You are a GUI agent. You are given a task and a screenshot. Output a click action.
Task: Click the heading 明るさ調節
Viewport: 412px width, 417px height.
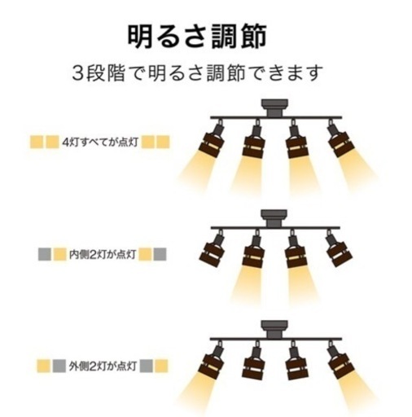(x=197, y=37)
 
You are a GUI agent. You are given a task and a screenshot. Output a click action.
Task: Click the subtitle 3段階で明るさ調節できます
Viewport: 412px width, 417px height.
(x=198, y=72)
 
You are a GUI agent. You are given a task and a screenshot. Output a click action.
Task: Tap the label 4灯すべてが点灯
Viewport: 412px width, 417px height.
(x=100, y=142)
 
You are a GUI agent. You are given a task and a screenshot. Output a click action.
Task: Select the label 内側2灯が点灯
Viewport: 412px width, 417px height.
(x=103, y=255)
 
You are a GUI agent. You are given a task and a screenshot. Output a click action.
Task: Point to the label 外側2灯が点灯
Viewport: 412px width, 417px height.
(x=103, y=367)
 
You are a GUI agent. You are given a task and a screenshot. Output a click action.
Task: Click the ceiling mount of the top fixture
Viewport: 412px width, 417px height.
(x=274, y=108)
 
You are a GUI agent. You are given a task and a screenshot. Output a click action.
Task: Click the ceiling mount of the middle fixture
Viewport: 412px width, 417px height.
(x=274, y=218)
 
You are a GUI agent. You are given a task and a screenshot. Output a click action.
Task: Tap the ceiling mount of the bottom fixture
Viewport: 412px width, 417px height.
(x=274, y=329)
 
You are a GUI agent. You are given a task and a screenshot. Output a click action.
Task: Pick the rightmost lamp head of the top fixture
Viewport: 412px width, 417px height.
(x=340, y=139)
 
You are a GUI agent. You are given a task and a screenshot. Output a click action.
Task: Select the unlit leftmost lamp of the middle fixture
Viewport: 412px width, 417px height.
(x=213, y=249)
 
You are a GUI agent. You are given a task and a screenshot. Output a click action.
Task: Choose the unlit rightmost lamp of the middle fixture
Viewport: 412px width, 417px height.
(x=339, y=249)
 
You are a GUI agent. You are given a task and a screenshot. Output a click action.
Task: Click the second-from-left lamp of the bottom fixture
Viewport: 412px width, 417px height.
(x=254, y=360)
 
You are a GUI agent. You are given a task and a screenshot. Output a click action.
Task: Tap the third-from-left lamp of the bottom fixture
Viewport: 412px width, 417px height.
(x=296, y=360)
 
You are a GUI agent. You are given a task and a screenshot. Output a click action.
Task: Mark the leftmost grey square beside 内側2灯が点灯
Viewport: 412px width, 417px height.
(x=45, y=254)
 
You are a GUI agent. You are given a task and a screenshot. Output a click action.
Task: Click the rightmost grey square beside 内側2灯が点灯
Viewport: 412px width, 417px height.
(x=160, y=254)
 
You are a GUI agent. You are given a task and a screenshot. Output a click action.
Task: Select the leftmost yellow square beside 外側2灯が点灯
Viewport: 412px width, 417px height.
(x=44, y=367)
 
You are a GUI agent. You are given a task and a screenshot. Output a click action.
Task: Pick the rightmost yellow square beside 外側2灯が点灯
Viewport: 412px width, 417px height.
(x=161, y=367)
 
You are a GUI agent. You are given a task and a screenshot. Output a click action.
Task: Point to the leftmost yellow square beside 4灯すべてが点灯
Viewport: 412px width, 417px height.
(x=37, y=142)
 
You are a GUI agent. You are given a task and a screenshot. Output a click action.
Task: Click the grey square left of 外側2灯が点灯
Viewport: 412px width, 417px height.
(x=59, y=367)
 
